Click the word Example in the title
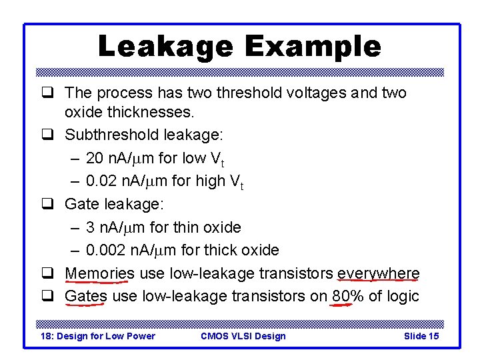click(x=313, y=47)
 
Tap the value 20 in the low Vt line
click(x=95, y=158)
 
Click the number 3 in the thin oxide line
click(x=90, y=227)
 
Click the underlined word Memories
click(x=99, y=273)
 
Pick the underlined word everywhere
click(x=379, y=273)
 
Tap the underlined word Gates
click(x=86, y=296)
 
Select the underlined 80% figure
click(x=347, y=296)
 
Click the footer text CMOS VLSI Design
click(x=243, y=336)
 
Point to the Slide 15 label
click(x=421, y=336)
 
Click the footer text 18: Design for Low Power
click(x=98, y=336)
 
